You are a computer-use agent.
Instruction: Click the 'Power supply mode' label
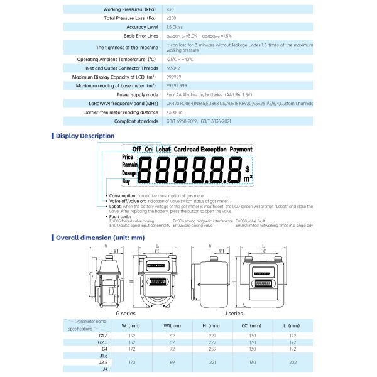click(x=134, y=94)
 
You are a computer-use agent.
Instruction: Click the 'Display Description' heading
click(x=85, y=136)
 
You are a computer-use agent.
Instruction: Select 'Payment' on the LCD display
click(x=241, y=150)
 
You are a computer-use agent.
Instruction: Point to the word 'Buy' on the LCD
click(x=126, y=181)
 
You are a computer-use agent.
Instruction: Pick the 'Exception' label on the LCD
click(x=214, y=150)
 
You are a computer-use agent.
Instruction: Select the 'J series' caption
click(x=233, y=312)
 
